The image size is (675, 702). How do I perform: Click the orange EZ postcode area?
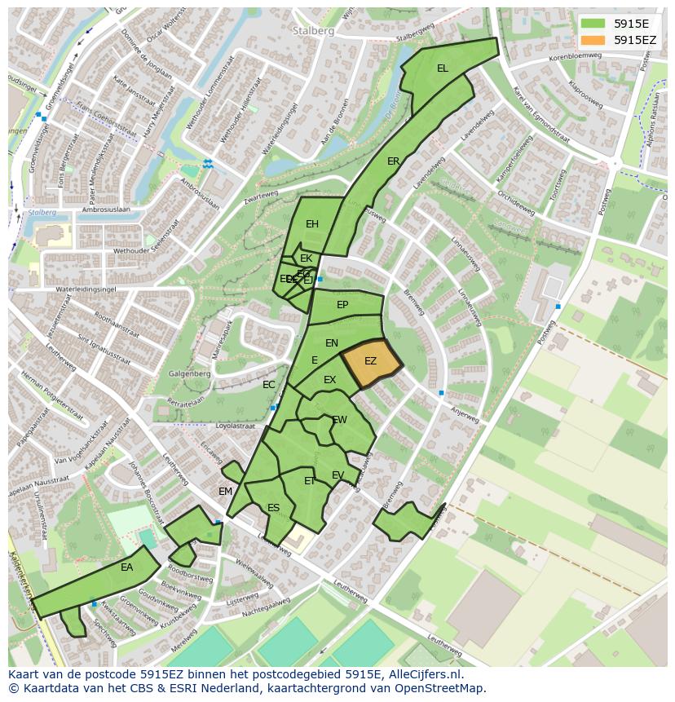tap(371, 361)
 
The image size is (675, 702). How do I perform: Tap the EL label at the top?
tap(443, 68)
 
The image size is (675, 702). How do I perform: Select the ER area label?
tap(394, 161)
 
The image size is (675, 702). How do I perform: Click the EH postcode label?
tap(312, 224)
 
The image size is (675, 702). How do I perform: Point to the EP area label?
tap(342, 305)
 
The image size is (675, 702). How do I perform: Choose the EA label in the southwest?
tap(127, 567)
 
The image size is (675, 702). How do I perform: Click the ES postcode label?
tap(274, 508)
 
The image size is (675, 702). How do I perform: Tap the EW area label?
tap(340, 420)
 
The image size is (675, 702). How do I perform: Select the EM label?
tap(226, 491)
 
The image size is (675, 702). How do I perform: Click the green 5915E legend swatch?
tap(593, 24)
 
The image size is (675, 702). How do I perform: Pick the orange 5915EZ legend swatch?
tap(593, 40)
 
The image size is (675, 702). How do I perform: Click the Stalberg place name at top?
tap(311, 30)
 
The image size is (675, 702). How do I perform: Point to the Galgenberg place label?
tap(188, 374)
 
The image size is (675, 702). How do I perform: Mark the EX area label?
tap(329, 380)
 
